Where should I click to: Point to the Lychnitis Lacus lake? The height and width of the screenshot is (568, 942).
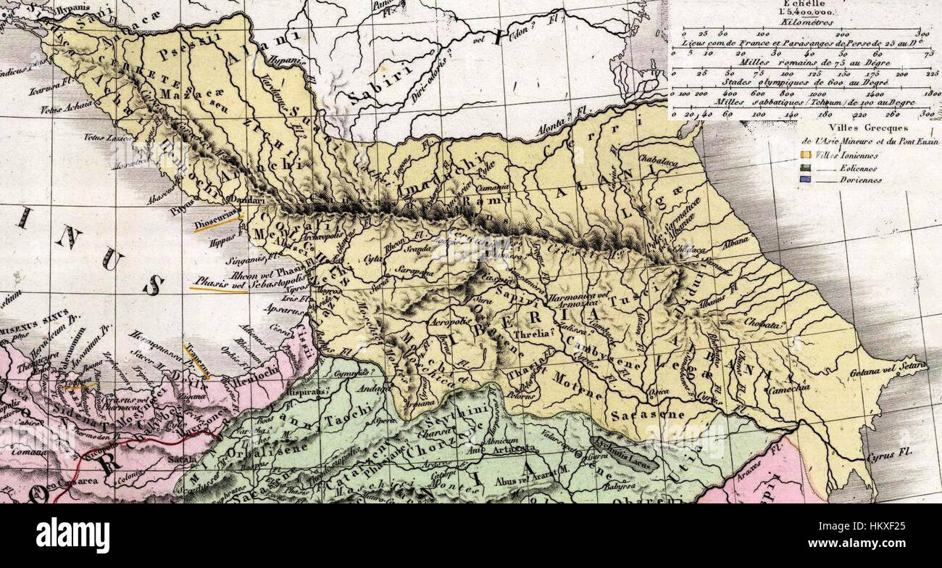tap(624, 453)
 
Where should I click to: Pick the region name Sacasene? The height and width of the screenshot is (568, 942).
tap(638, 416)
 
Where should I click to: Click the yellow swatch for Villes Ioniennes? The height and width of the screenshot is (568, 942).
tap(805, 155)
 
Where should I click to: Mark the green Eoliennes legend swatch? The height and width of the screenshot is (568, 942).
tap(805, 168)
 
